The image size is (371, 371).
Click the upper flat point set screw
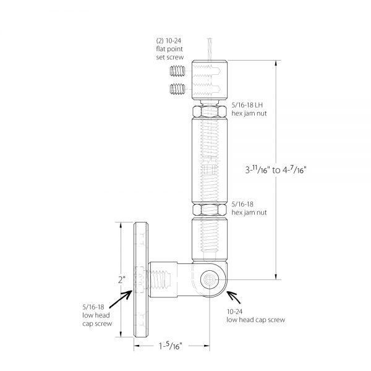pos(177,71)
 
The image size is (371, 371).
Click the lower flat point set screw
pos(177,89)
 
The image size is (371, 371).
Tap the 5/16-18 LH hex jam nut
pos(210,111)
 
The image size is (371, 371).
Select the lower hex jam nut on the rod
pos(210,210)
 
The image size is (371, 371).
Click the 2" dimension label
pos(122,280)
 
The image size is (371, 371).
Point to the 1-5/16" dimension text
pos(171,346)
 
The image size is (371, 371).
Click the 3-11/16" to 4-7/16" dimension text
pos(276,169)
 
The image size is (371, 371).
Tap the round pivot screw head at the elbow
pos(210,279)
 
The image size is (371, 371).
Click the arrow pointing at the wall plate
pos(121,299)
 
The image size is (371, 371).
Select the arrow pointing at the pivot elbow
pos(234,297)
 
